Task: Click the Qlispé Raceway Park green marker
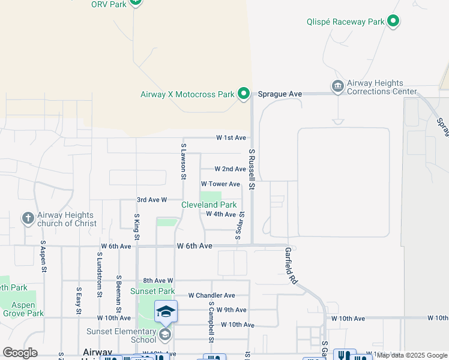point(393,22)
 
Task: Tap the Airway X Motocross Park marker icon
point(244,94)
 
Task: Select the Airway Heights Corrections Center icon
point(337,88)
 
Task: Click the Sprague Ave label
point(280,94)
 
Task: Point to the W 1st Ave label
point(231,138)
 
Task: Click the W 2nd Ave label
point(231,169)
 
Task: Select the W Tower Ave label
point(220,184)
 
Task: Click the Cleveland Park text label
point(209,205)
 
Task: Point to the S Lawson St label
point(183,161)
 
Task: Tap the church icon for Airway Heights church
point(28,218)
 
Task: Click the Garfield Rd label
point(291,266)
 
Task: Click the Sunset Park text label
point(153,291)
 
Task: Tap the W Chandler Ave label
point(211,295)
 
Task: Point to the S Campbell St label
point(211,322)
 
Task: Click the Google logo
point(20,352)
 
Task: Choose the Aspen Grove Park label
point(23,308)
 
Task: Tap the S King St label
point(137,227)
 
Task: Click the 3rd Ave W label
point(151,199)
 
